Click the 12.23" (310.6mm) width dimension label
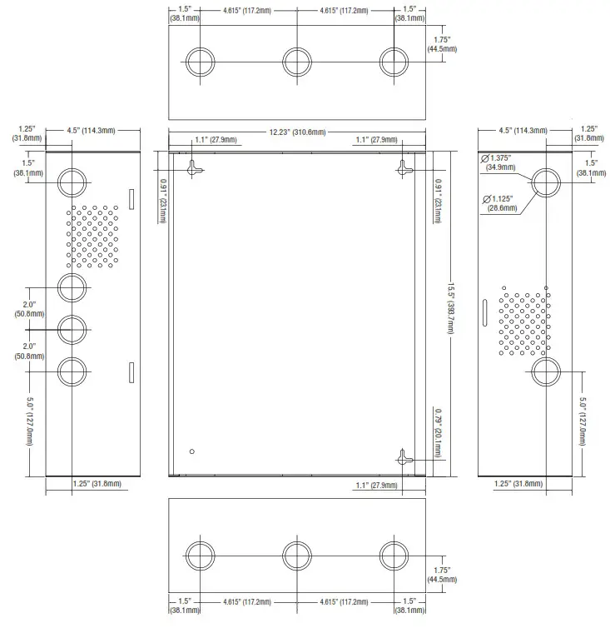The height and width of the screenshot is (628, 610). coord(297,132)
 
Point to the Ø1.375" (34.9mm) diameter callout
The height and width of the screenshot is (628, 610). coord(499,162)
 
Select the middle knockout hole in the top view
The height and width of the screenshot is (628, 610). coord(297,62)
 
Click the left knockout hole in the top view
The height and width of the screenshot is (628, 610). coord(199,62)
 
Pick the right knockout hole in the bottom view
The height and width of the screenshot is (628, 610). coord(394,556)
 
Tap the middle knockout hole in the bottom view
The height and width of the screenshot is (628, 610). coord(297,556)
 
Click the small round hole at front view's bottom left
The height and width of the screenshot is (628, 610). coord(192,451)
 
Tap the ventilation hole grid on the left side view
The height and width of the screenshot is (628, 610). coord(92,236)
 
